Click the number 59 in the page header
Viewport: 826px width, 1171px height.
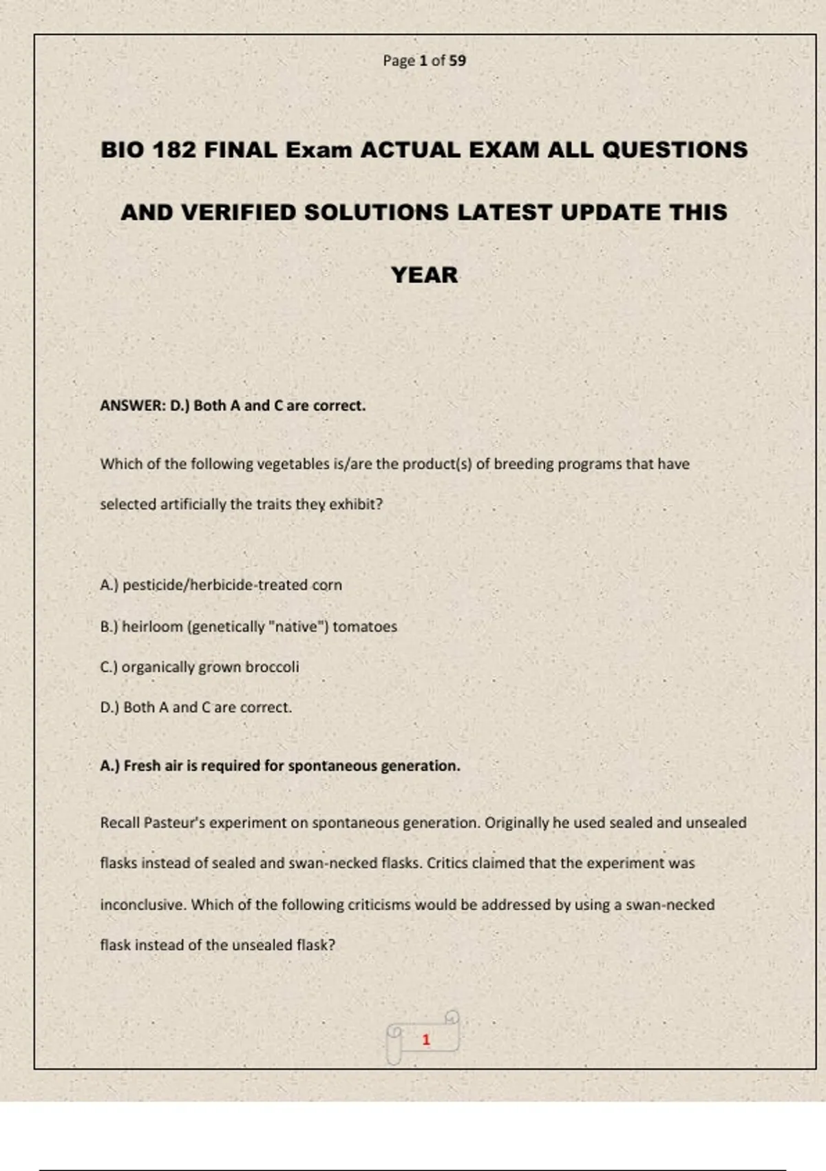(458, 61)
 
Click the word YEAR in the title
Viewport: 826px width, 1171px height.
(424, 275)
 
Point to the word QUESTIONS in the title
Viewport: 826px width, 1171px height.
(675, 149)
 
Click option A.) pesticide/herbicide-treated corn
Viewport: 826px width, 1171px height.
(221, 585)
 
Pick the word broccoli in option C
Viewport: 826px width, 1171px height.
(272, 667)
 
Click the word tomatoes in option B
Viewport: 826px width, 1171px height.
(365, 627)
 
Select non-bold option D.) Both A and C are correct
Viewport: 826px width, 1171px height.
(196, 707)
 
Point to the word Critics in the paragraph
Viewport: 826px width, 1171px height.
(447, 863)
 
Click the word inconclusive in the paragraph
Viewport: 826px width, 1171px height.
(142, 904)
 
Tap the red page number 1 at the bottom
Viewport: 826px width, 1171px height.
(426, 1039)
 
